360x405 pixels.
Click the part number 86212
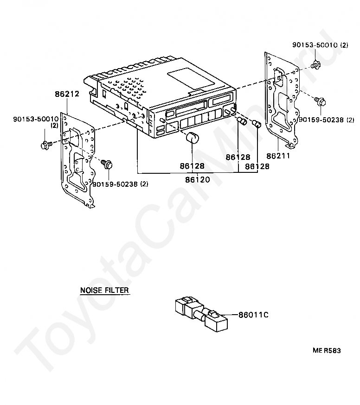[67, 94]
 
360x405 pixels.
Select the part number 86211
[278, 156]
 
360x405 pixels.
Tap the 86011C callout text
[254, 315]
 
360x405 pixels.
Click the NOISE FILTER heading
[104, 291]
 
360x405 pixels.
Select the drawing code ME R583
[326, 351]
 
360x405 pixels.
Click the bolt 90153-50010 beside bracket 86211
[315, 65]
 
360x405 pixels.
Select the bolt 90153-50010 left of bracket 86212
[45, 145]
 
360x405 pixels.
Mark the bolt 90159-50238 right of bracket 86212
[107, 164]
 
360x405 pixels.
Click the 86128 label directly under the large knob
[192, 165]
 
